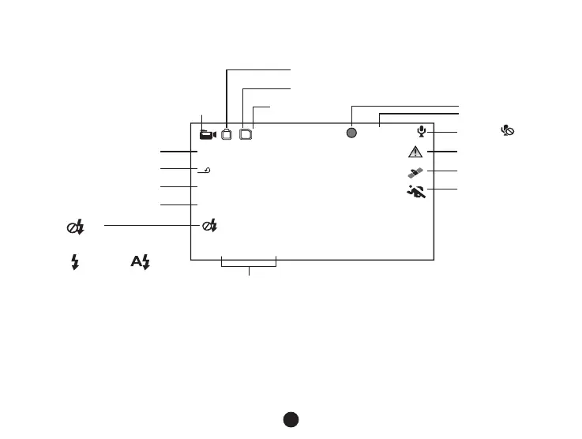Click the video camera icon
pos(208,134)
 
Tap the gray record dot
pos(352,133)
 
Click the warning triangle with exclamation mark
pos(416,152)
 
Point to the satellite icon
pos(416,171)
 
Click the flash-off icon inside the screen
pos(210,226)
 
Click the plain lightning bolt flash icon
pos(75,263)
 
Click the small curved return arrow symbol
pos(207,169)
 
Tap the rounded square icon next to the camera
pos(227,134)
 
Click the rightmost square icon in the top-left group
pos(246,134)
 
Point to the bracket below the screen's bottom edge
pos(250,266)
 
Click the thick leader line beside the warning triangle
pos(442,150)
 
